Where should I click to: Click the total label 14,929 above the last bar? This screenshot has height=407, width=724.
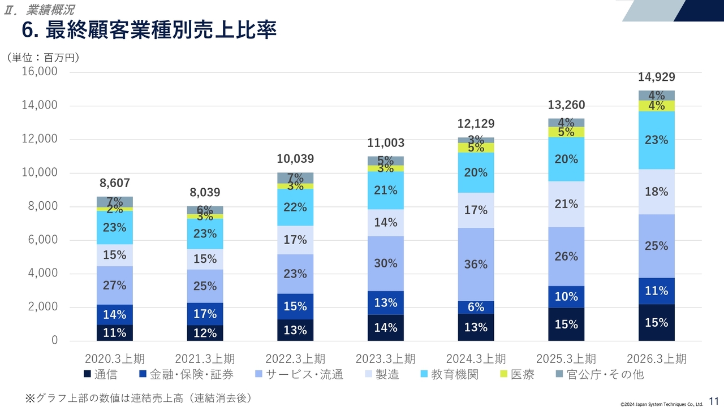coord(656,77)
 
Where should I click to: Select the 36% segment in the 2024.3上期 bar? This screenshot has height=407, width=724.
coord(476,264)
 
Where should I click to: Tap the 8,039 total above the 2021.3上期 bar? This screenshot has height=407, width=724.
coord(205,193)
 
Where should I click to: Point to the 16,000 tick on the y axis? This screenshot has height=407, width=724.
coord(39,72)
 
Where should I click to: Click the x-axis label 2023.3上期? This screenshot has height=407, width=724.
coord(385,359)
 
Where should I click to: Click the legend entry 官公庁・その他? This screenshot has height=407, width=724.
coord(599,374)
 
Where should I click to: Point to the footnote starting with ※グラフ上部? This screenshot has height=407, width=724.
coord(138,398)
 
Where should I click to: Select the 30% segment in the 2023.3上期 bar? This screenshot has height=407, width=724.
coord(385,263)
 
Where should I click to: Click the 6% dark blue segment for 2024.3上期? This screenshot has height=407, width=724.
coord(476,307)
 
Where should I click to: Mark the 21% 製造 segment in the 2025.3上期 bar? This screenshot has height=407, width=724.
coord(566,204)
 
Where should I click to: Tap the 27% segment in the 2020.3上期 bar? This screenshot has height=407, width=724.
coord(114,285)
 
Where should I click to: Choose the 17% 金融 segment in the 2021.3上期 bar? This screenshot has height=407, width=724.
coord(205,314)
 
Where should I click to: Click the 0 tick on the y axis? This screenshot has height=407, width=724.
coord(54,341)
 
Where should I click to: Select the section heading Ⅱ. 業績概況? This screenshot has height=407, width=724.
coord(39,10)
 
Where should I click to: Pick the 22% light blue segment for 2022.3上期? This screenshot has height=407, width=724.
coord(295,207)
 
